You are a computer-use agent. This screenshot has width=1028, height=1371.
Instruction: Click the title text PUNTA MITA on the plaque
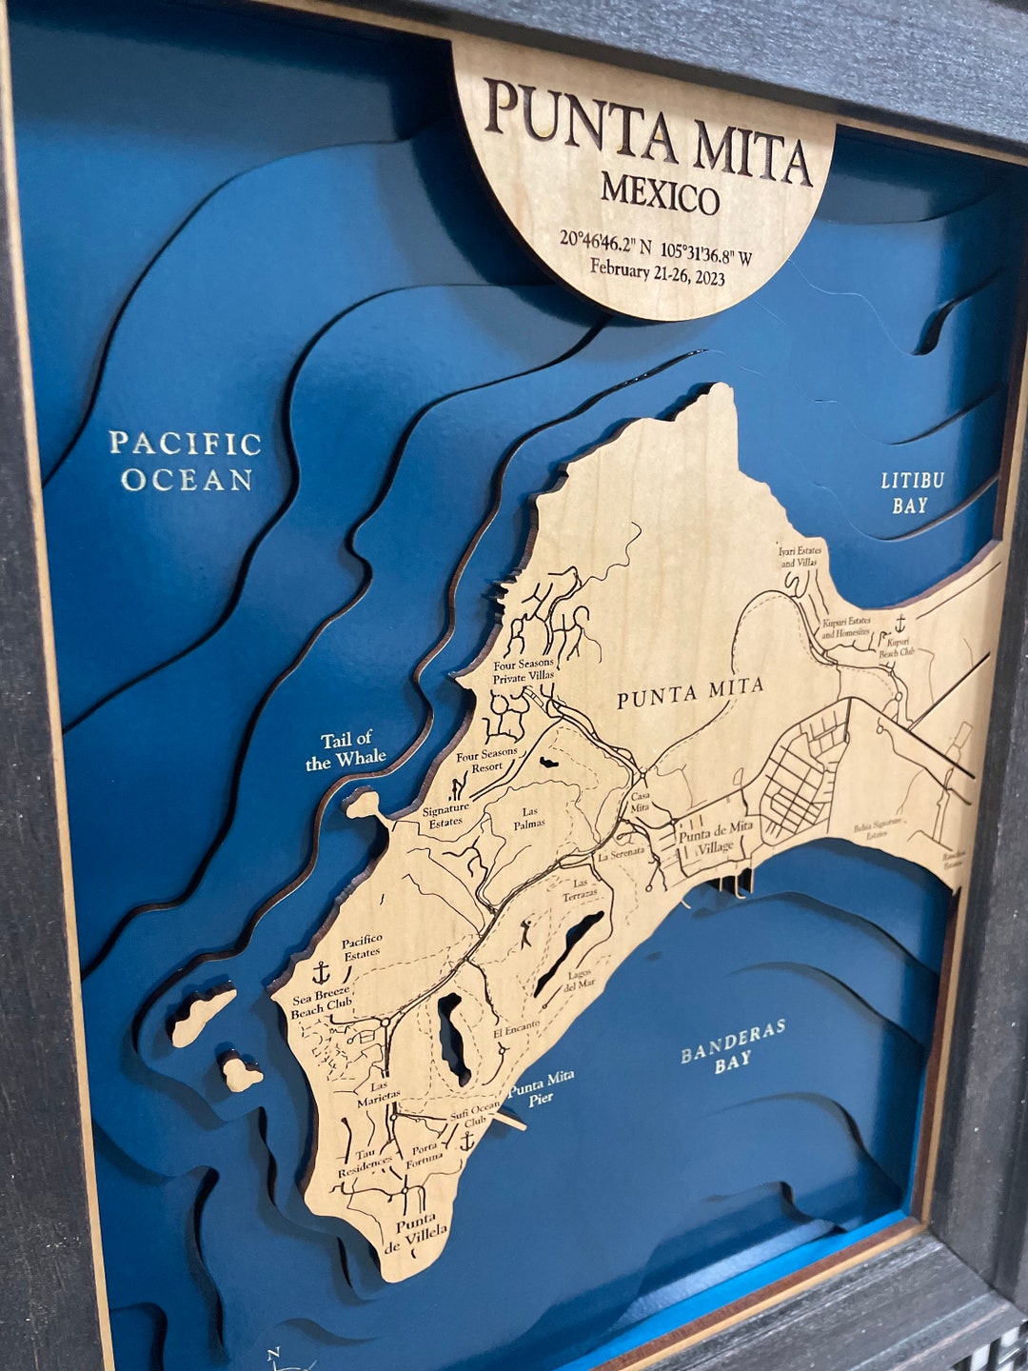pos(648,134)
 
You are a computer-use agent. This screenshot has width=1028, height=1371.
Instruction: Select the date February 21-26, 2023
pos(657,272)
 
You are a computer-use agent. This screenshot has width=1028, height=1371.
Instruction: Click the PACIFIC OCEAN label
pos(186,462)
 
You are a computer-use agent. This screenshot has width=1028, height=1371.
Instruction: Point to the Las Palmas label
pos(528,817)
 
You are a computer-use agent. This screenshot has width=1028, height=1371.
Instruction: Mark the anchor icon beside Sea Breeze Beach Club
pos(321,973)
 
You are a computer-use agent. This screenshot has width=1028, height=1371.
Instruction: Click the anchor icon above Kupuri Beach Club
pos(899,626)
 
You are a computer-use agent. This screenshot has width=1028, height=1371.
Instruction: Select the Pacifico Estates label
pos(362,945)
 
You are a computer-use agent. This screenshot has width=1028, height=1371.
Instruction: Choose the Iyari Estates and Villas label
pos(799,556)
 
